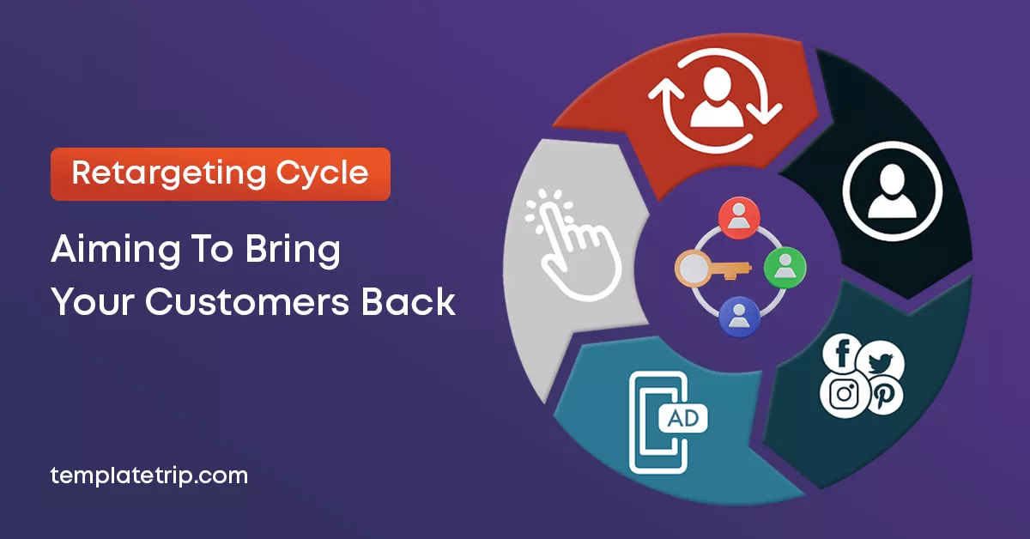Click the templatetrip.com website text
point(148,475)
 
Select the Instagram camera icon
point(844,394)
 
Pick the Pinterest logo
point(883,395)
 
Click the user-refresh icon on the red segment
point(714,101)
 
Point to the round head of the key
point(692,269)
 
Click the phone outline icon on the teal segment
point(657,421)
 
